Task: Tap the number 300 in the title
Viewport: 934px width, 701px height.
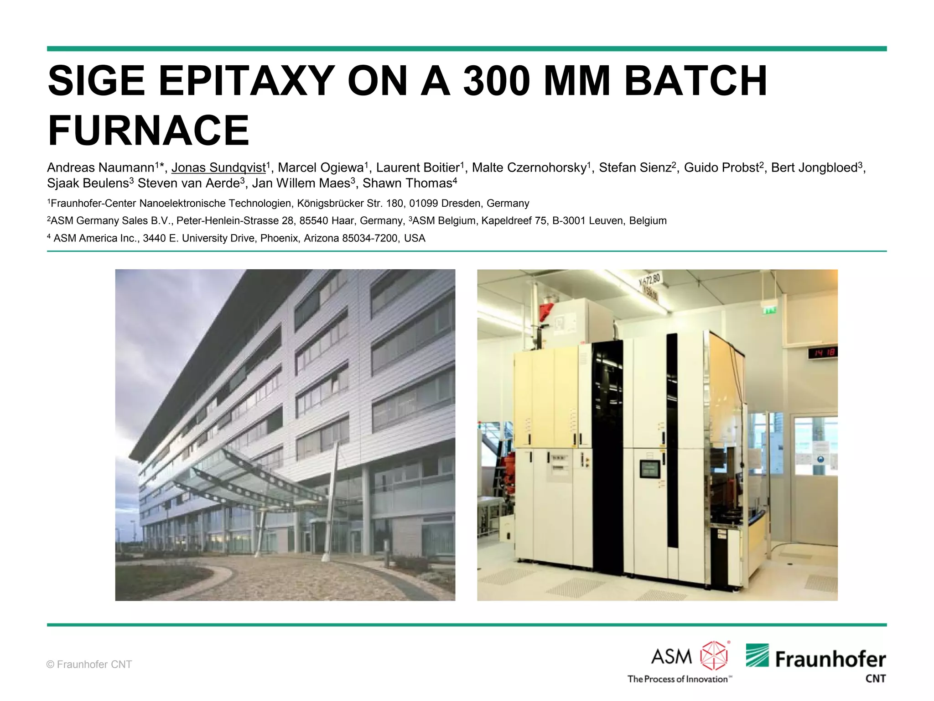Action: [x=496, y=81]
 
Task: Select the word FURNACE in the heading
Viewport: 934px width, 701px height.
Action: [x=149, y=131]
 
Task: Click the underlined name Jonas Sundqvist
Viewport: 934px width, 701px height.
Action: [x=218, y=167]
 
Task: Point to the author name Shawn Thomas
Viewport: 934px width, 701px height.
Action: [x=407, y=183]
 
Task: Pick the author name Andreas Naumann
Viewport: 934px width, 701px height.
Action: [x=101, y=167]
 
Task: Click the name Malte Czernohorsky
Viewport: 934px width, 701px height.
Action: [x=529, y=167]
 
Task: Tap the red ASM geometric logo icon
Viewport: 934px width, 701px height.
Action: [x=714, y=656]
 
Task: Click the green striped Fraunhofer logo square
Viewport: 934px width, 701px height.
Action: [x=757, y=655]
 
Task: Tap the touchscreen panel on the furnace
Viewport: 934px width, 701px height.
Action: [x=649, y=469]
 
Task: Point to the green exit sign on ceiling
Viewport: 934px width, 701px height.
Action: [x=770, y=311]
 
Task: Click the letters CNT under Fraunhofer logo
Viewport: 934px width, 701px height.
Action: [x=875, y=679]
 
